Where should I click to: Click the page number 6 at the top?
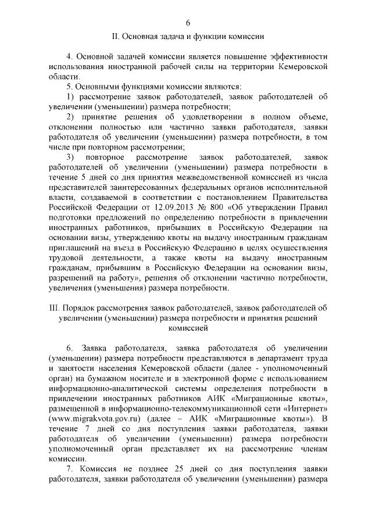point(188,23)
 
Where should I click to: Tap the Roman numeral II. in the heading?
point(115,36)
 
